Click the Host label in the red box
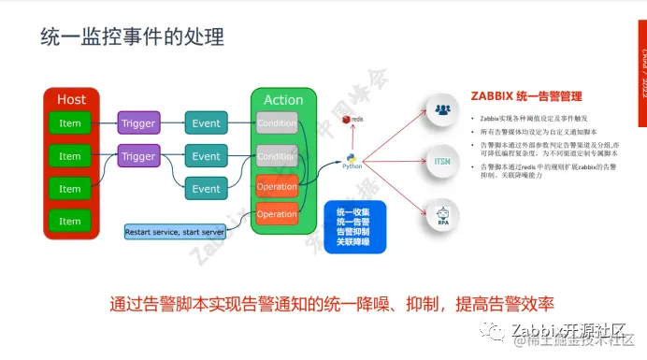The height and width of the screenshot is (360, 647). (71, 99)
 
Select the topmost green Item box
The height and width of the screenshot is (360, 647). (70, 122)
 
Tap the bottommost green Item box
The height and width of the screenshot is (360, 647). (70, 221)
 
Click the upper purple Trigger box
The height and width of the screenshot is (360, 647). (138, 122)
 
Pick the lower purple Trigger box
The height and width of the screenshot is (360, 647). (138, 156)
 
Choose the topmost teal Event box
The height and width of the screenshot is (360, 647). (206, 122)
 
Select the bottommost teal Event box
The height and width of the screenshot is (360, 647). (206, 188)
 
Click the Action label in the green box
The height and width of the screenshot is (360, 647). (283, 100)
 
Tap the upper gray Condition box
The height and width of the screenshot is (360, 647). (277, 122)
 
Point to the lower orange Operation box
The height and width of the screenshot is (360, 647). (277, 213)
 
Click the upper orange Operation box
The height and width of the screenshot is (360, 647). (277, 185)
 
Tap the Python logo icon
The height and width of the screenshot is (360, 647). (352, 160)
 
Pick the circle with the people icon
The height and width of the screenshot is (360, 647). (442, 108)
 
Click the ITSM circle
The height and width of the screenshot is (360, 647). (442, 161)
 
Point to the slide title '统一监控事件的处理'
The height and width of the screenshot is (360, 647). (132, 37)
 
